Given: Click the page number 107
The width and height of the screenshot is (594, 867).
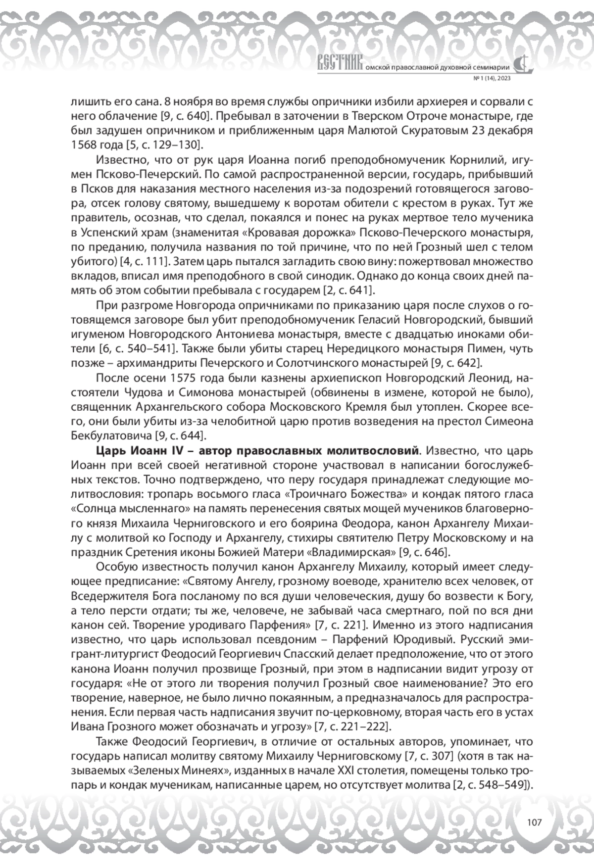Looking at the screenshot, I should [x=534, y=822].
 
